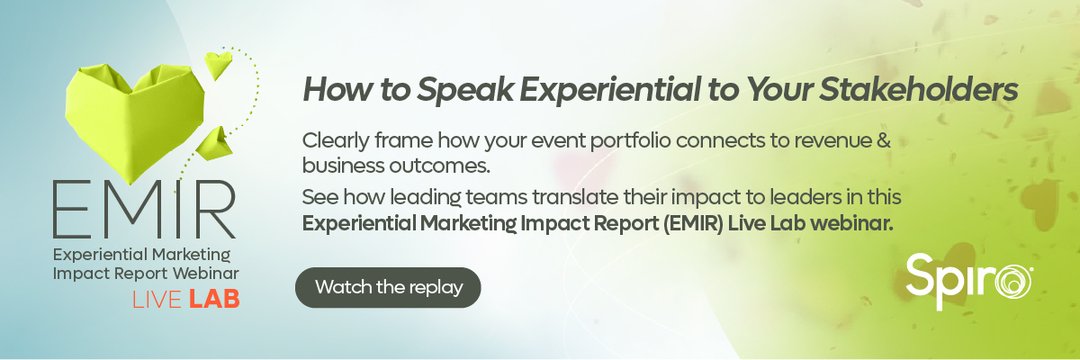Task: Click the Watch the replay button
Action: coord(388,287)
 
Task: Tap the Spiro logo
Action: coord(968,282)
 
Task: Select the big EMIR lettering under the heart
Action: coord(144,209)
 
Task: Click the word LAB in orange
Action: coord(214,300)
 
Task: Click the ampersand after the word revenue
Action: coord(883,140)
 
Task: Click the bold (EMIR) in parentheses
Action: coord(692,223)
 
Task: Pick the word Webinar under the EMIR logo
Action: coord(205,274)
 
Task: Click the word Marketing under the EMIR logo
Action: coord(191,255)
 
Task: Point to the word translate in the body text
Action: coord(575,197)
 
